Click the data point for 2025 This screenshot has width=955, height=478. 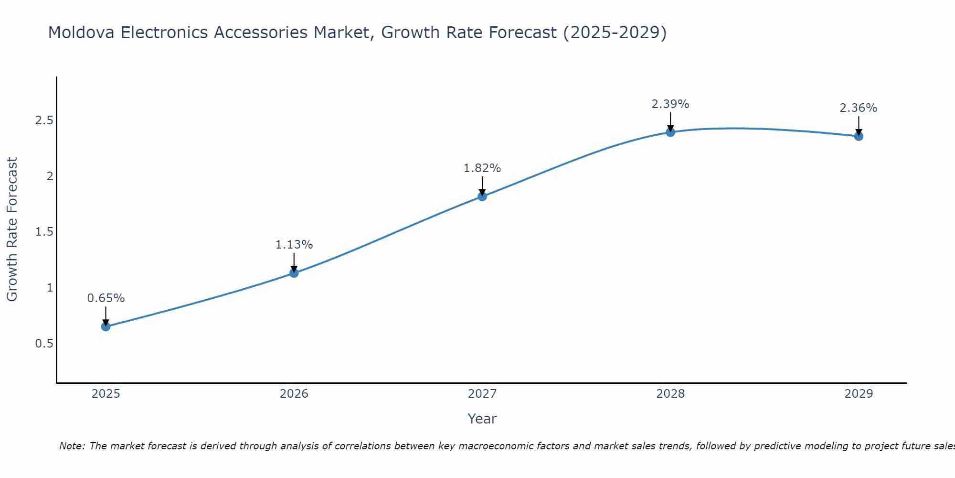106,326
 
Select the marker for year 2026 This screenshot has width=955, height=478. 294,273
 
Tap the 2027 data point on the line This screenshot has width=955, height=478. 482,196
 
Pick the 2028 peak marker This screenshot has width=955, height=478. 670,132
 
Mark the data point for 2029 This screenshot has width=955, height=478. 858,136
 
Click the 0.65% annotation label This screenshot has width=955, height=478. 106,298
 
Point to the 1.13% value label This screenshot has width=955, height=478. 294,245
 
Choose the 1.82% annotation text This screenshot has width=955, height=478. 482,168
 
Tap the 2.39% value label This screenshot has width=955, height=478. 670,104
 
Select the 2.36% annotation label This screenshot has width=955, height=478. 858,108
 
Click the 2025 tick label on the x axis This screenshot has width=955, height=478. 106,394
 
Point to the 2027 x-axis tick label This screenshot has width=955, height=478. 482,394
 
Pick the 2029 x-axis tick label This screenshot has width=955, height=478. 858,394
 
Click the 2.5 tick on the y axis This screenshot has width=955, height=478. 44,120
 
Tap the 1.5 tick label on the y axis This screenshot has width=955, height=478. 44,232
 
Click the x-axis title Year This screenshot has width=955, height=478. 482,419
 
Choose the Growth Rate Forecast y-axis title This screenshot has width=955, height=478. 12,229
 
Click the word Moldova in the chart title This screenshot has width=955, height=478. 81,33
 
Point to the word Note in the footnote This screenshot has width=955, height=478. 72,446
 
